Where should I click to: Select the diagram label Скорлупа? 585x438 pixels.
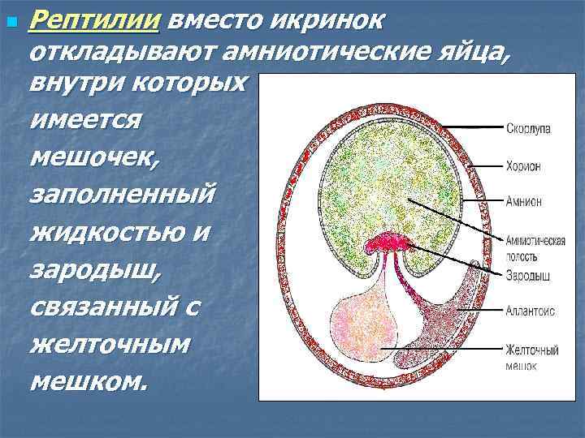click(528, 128)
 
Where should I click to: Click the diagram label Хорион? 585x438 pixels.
click(523, 165)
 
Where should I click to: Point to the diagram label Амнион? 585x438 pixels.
click(524, 201)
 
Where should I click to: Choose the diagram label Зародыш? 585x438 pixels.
click(528, 276)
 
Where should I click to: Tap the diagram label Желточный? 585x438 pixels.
click(532, 350)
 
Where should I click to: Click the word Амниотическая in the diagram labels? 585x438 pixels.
click(535, 241)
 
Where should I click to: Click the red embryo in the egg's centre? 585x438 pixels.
click(392, 242)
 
